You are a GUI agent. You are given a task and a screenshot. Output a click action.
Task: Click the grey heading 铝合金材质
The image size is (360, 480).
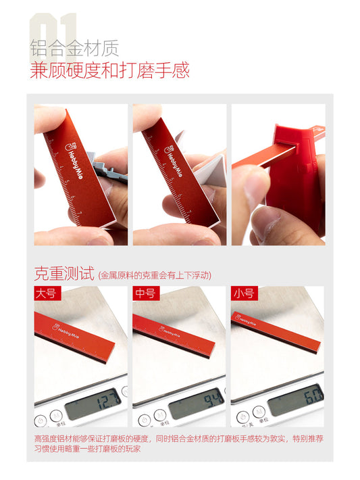click(74, 49)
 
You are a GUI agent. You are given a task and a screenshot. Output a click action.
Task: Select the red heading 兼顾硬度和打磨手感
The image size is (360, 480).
click(109, 70)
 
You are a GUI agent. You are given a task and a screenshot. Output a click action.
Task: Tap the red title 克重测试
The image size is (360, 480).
click(63, 273)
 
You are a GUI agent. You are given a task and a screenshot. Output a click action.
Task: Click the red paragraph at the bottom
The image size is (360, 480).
click(179, 443)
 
